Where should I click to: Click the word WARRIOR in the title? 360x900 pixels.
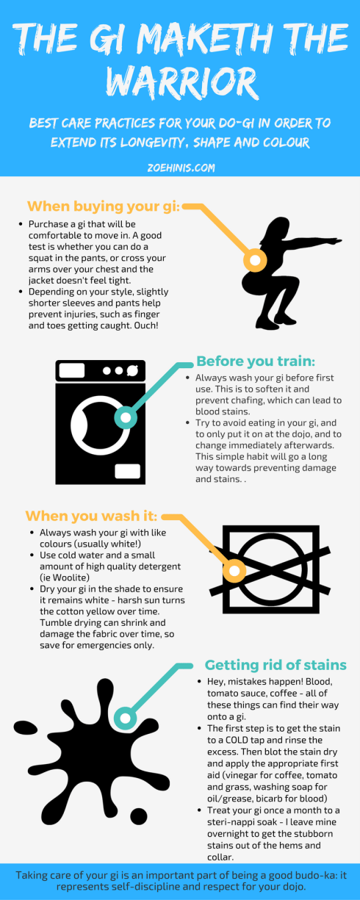click(x=181, y=83)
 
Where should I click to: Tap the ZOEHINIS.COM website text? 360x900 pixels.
click(x=181, y=168)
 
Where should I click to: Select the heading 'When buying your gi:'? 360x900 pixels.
click(x=104, y=206)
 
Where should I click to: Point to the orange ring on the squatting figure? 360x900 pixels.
click(x=255, y=259)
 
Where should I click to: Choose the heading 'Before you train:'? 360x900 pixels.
click(x=256, y=361)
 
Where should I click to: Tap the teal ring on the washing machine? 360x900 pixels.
click(x=126, y=417)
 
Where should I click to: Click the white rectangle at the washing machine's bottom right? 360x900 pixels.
click(x=128, y=471)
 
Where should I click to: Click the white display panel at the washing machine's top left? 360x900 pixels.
click(x=72, y=370)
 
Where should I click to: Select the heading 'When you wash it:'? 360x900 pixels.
click(x=91, y=516)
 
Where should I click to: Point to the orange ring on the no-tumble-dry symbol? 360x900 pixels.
click(x=234, y=571)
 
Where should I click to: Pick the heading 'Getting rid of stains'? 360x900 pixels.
click(x=276, y=665)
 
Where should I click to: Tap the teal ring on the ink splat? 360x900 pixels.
click(x=126, y=719)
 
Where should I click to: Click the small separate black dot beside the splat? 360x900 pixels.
click(x=139, y=816)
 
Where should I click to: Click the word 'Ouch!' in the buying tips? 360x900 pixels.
click(x=146, y=325)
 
